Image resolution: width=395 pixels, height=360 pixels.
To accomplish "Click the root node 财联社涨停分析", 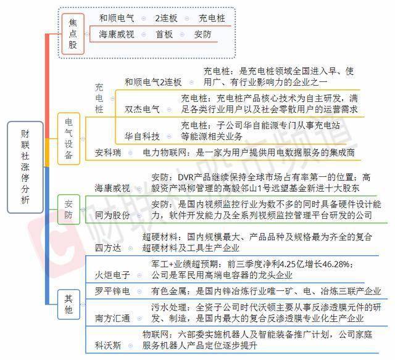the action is pos(25,167).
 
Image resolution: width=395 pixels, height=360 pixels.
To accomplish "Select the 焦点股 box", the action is pos(73,34).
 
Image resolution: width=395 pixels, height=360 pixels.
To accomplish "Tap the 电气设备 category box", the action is pos(69,139).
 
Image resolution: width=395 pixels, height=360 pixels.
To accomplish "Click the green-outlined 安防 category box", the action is pos(69,210).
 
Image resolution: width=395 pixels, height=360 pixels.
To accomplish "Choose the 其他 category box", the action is pos(69,305).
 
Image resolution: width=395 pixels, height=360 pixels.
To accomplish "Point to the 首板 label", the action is pos(164,35).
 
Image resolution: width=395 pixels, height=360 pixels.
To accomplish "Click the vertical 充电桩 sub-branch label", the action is pos(99,99).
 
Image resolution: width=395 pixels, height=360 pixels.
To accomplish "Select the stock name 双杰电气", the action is pos(142,109).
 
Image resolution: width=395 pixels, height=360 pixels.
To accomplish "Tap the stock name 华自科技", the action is pos(142,136).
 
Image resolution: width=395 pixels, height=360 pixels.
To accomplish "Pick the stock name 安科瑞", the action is pos(108,152).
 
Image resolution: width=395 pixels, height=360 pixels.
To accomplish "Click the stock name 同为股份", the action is pos(112,215).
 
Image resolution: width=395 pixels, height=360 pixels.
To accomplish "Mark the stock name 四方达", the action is pos(108,248).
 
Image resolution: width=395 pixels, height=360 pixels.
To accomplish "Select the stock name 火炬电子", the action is pos(112,275).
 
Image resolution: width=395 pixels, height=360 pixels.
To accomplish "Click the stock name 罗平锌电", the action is pos(112,291).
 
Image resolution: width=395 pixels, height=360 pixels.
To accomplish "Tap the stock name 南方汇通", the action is pos(112,318).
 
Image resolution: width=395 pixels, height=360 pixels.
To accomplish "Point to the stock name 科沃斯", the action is pos(108,345).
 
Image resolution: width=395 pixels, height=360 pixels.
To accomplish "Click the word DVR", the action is pos(186,178).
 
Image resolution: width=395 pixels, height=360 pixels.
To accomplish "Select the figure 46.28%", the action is pos(336,264).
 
